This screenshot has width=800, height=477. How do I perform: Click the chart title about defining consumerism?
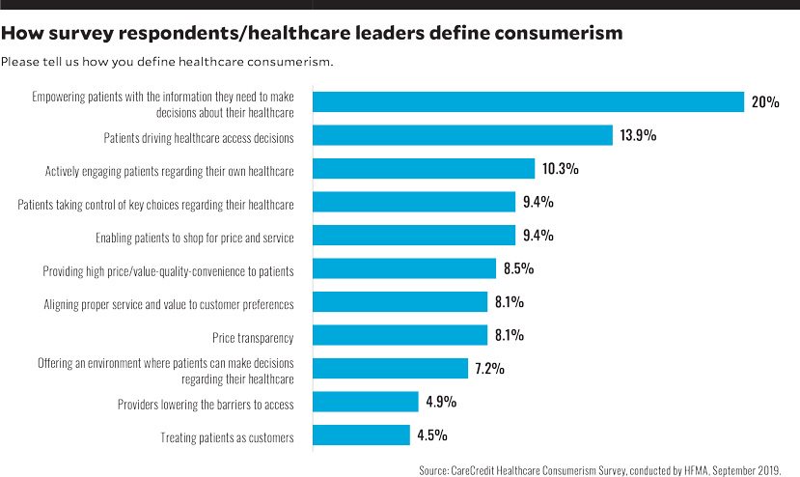[x=312, y=34]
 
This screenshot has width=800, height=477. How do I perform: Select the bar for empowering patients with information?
[x=529, y=101]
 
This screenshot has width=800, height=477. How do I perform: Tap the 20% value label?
[x=765, y=101]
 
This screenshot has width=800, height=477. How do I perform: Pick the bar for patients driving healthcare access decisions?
[x=463, y=135]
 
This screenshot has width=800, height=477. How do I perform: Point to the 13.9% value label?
[x=638, y=135]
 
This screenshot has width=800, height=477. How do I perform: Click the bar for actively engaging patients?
[x=424, y=169]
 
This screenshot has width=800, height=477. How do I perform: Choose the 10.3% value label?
[x=560, y=169]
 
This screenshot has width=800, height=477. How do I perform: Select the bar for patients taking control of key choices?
[x=414, y=202]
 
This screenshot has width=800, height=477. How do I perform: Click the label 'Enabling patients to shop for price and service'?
[x=194, y=237]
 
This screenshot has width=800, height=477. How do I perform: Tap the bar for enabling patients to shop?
[x=414, y=236]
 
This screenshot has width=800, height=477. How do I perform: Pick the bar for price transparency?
[x=400, y=335]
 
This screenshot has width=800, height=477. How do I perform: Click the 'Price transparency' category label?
[x=253, y=337]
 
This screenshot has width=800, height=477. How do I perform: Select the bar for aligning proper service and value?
[x=400, y=302]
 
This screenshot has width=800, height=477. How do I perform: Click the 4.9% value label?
[x=441, y=402]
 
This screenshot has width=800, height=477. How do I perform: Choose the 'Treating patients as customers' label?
[x=227, y=437]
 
